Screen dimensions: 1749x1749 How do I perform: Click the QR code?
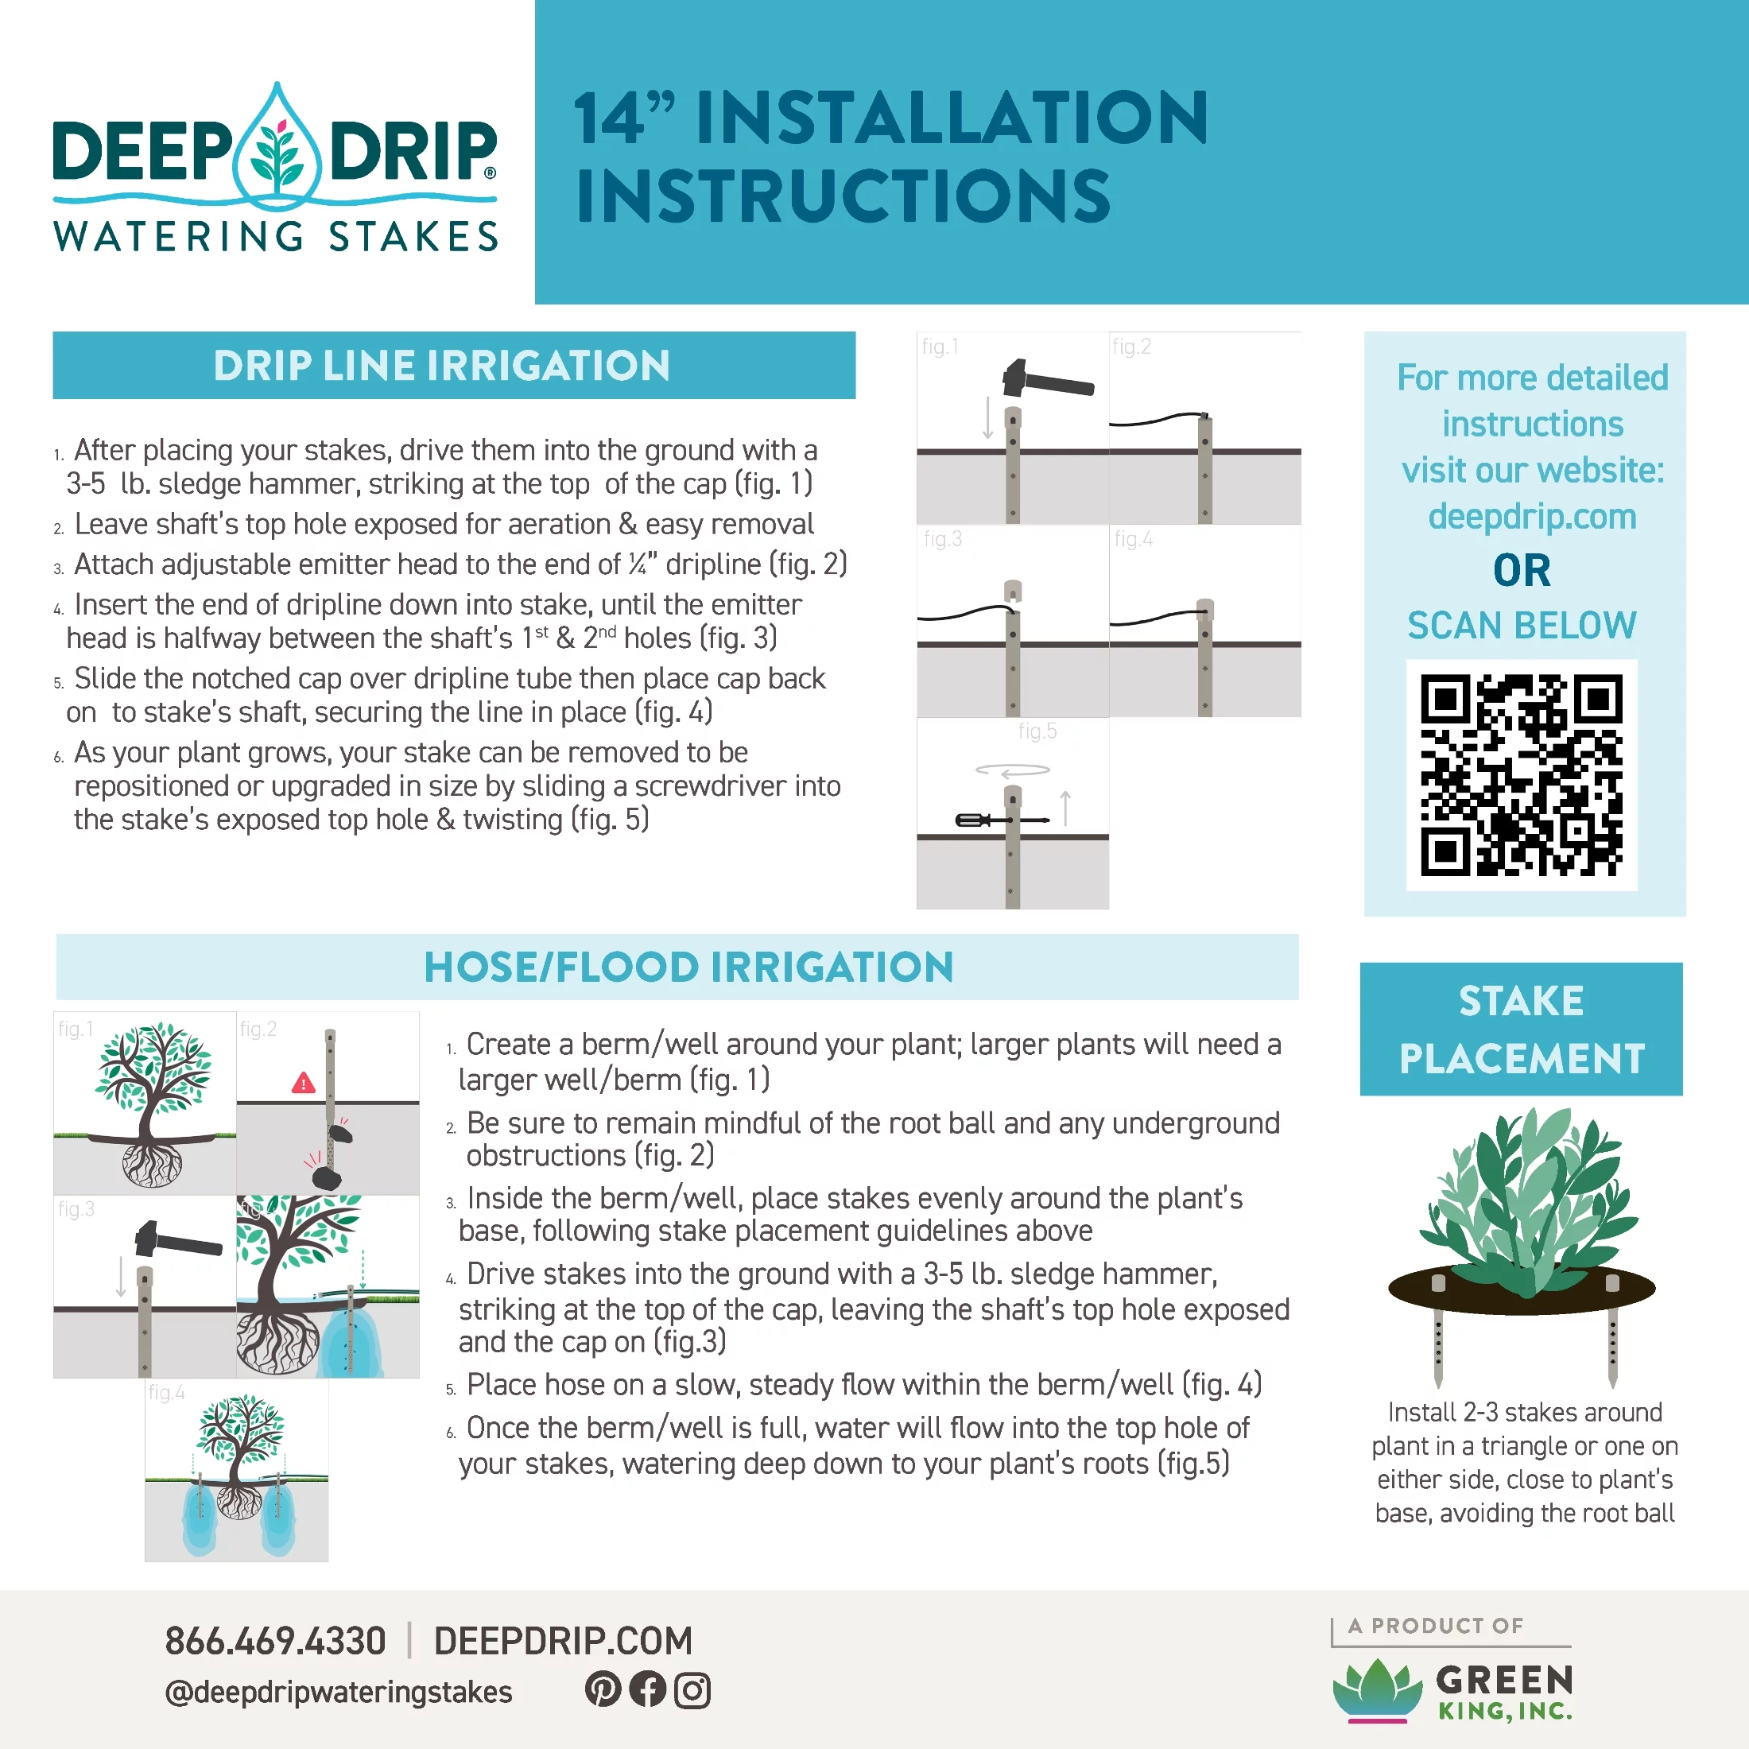point(1521,775)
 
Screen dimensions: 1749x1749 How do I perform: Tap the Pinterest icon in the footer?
point(603,1689)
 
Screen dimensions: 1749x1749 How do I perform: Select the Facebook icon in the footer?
point(647,1689)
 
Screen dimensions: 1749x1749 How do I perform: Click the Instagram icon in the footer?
point(692,1690)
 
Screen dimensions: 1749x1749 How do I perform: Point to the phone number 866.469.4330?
point(275,1641)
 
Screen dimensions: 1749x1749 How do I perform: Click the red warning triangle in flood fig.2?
point(303,1083)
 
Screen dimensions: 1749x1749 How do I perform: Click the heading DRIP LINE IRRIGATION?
point(442,366)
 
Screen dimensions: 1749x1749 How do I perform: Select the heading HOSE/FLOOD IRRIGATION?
point(689,967)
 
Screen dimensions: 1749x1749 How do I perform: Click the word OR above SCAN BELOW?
point(1522,570)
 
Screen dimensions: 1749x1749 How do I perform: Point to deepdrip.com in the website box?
point(1532,517)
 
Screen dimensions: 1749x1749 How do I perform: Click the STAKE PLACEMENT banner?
point(1521,1030)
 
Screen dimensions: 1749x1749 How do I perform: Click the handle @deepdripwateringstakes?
point(339,1692)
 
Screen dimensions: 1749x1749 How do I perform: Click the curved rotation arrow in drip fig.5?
point(1012,770)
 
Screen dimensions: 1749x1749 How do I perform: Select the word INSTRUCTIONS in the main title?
point(843,196)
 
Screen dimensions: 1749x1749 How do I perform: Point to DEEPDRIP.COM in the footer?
point(563,1641)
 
